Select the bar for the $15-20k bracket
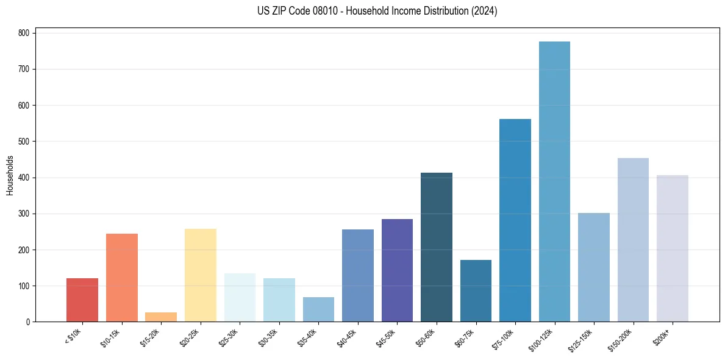coord(161,317)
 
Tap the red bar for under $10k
coord(82,300)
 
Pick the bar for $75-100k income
coord(515,220)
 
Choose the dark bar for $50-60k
coord(437,247)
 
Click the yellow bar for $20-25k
coord(201,275)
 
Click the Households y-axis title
coord(10,175)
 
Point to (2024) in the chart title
coord(483,11)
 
